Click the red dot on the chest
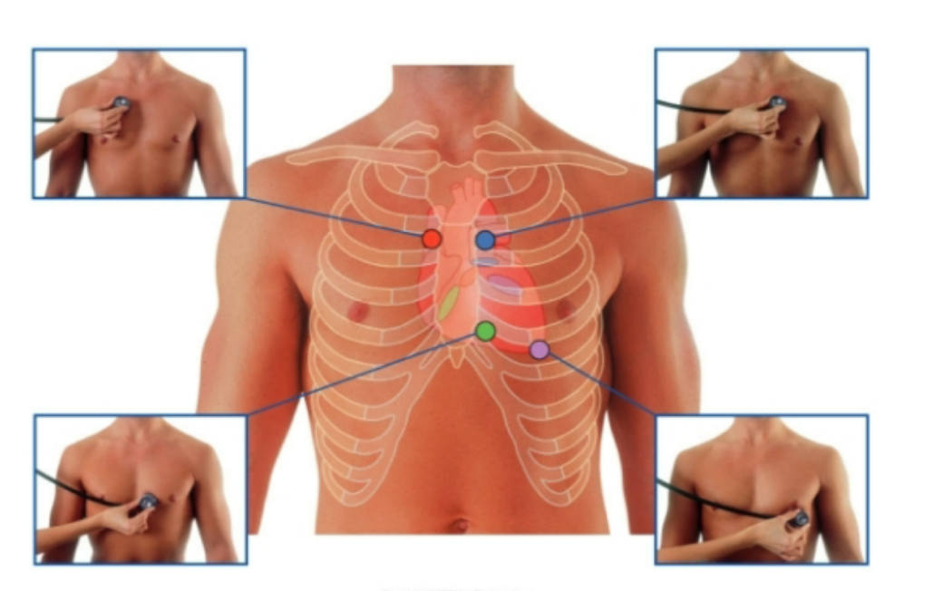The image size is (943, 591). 432,239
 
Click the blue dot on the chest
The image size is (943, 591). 485,240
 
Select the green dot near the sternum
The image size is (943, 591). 485,331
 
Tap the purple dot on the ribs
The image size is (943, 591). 540,349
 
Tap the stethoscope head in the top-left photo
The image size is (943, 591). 121,103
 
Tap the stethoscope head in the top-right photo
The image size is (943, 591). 777,103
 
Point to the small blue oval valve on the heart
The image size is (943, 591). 487,262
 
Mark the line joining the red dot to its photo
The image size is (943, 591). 335,217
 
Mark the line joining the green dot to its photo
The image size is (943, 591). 363,373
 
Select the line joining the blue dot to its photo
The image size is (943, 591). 571,218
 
